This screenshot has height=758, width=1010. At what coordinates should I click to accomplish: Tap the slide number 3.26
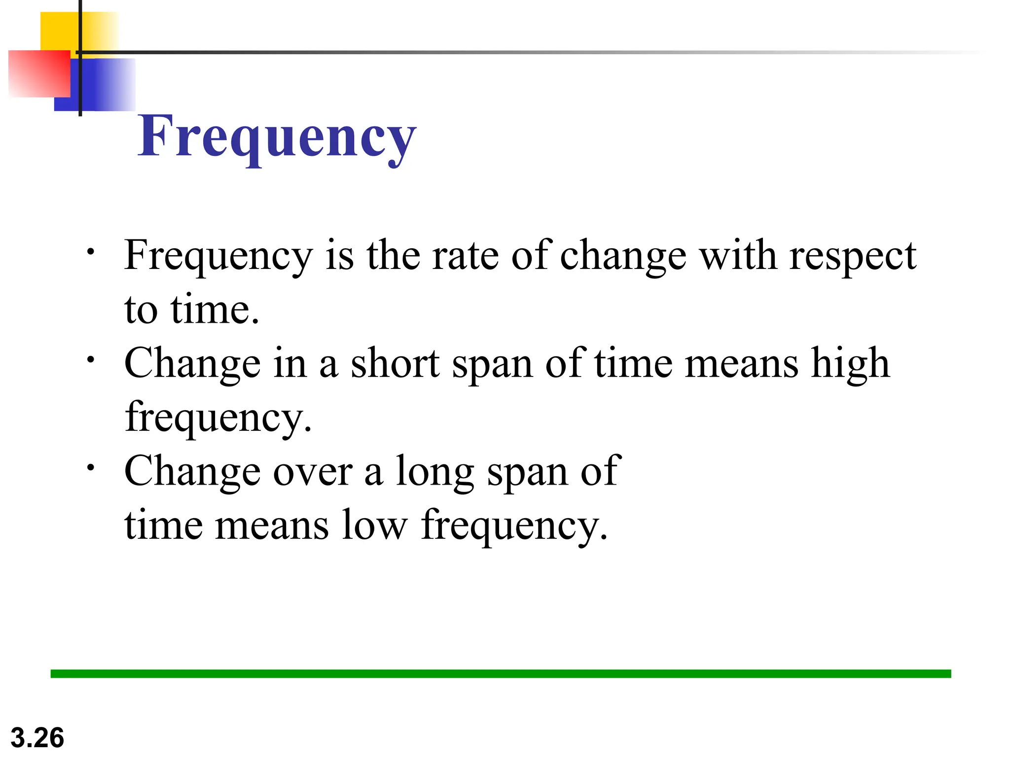(37, 738)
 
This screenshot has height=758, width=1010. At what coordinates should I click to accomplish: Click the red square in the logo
(37, 74)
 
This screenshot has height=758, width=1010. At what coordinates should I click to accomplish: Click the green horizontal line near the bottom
(501, 674)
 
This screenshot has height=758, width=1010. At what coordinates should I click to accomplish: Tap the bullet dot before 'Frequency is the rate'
(90, 252)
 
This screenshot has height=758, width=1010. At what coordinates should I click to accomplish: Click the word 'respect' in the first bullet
(852, 257)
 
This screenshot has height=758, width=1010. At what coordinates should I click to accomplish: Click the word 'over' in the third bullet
(313, 472)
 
